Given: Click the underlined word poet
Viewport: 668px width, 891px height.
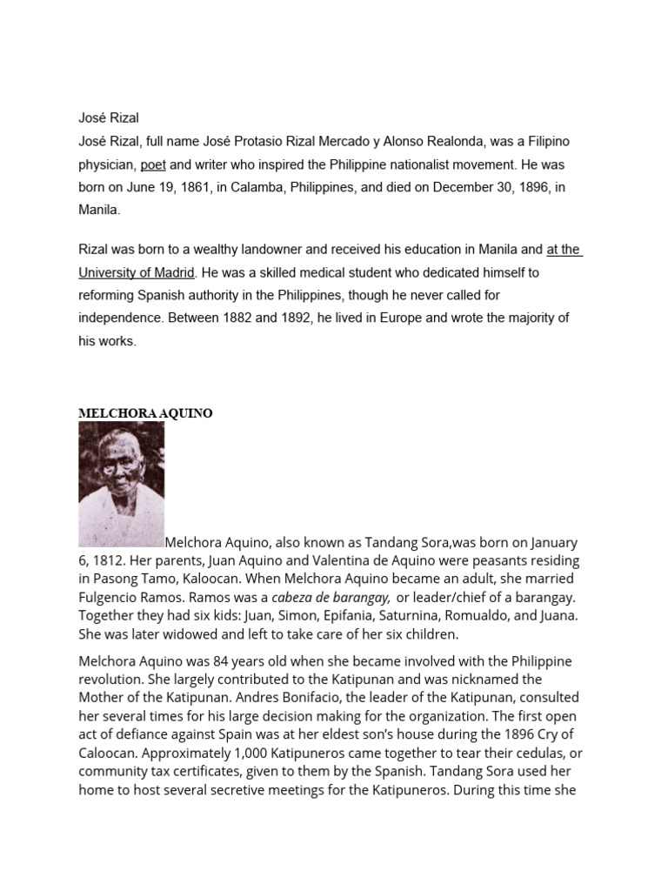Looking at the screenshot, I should tap(153, 164).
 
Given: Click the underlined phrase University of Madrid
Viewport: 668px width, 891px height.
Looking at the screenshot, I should tap(137, 272).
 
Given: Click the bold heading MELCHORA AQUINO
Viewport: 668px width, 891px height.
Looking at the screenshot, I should tap(145, 413).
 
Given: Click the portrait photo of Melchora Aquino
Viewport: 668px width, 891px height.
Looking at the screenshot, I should tap(121, 484).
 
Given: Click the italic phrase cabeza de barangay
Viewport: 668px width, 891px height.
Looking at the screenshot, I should tap(331, 598).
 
